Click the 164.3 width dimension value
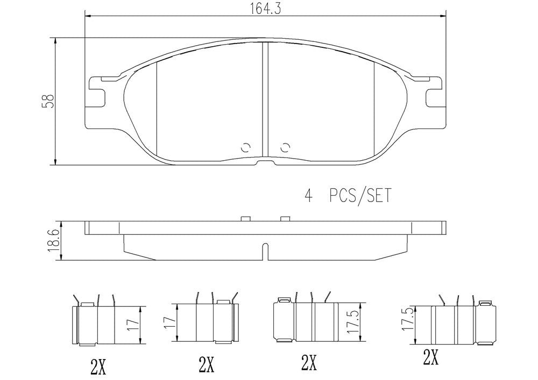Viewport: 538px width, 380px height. (266, 8)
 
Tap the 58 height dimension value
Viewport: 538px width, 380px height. (49, 101)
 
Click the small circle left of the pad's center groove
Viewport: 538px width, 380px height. (245, 147)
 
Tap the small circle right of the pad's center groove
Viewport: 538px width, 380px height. (285, 147)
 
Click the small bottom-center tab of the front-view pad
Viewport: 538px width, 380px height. (265, 163)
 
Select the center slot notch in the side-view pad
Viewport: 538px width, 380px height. (265, 250)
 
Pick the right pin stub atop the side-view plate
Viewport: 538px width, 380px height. (285, 218)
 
